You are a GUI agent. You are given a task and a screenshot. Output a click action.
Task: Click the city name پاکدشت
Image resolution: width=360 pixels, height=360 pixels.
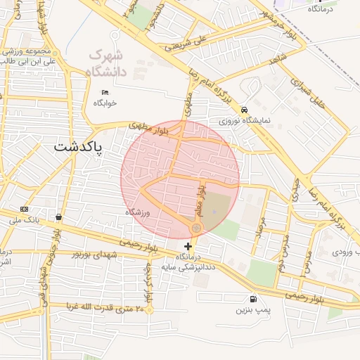click(78, 148)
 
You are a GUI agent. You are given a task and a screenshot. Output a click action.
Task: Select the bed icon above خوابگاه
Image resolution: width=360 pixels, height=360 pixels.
click(105, 92)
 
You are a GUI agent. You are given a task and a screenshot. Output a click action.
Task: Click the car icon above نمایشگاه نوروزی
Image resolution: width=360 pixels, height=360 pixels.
click(243, 110)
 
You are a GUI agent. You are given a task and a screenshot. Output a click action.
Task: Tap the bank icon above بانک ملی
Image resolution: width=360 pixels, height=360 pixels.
click(25, 209)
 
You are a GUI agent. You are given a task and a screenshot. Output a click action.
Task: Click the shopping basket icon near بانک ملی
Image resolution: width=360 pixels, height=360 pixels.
click(58, 217)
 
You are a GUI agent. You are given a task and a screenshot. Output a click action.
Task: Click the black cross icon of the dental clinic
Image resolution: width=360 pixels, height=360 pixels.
click(187, 246)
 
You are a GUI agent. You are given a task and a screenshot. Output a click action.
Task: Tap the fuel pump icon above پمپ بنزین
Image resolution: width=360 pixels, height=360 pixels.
click(253, 299)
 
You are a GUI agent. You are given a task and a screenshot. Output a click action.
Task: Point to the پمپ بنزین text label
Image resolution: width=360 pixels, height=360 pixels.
click(252, 309)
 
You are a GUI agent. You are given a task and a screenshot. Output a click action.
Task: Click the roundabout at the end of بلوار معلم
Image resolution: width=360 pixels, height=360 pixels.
click(197, 229)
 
